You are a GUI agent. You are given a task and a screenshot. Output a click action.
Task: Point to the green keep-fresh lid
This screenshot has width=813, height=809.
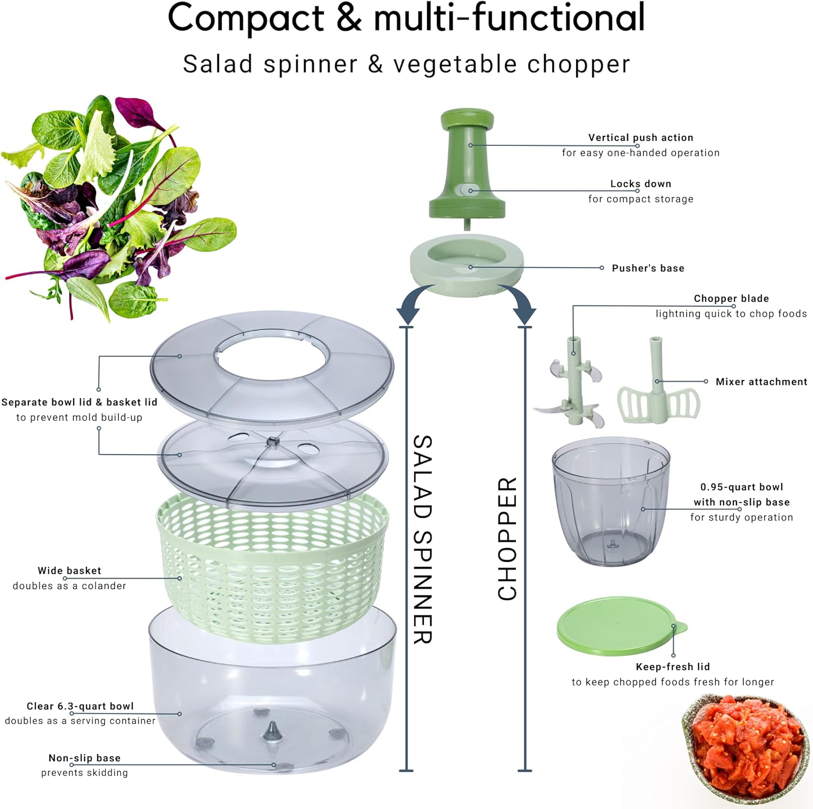[621, 627]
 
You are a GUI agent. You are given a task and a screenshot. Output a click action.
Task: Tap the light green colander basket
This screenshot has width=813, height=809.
[273, 567]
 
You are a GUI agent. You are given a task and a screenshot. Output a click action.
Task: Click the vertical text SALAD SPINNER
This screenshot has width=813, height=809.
[423, 540]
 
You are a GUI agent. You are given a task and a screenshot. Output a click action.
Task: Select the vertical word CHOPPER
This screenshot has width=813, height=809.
[507, 539]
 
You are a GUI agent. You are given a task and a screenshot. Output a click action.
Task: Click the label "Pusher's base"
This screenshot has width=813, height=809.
[648, 268]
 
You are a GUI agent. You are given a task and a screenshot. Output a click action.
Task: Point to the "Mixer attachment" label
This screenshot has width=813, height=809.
[762, 382]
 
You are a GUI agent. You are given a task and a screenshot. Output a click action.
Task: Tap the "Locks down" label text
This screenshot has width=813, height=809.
[641, 184]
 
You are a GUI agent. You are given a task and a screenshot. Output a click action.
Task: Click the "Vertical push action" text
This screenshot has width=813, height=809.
[641, 138]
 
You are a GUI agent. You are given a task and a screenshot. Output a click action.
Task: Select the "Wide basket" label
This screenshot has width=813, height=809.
[69, 570]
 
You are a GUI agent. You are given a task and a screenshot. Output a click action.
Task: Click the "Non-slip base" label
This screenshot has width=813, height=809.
[85, 758]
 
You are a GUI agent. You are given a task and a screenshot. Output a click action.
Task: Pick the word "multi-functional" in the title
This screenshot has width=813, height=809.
[509, 18]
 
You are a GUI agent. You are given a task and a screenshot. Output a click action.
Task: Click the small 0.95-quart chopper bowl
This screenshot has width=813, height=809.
[611, 502]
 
